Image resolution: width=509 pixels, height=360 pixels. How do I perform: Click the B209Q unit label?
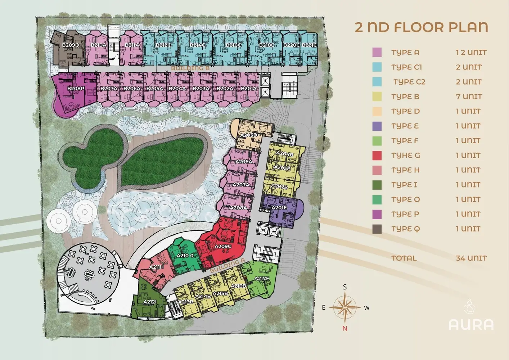point(71,45)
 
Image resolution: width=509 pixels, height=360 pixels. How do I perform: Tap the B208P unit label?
point(76,89)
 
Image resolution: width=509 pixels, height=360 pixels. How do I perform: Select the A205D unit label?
point(249,135)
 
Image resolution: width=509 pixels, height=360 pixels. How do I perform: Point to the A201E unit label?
point(279,207)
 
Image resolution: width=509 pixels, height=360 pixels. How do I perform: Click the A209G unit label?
point(223,246)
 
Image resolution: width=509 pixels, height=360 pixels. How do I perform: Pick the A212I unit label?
point(150,302)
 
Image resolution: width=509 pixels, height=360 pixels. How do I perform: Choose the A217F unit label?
point(262,279)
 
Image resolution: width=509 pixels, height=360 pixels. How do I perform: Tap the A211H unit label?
point(156,267)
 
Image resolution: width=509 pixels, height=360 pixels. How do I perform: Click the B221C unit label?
point(309,45)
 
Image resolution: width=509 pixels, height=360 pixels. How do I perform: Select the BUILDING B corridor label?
point(190,68)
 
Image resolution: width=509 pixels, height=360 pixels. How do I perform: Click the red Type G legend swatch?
point(377,156)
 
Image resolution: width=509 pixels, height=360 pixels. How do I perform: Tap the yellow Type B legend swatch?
point(377,96)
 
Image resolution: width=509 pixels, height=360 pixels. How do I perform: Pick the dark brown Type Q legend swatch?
point(377,229)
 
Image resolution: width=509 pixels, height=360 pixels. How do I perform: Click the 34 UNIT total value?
point(471,258)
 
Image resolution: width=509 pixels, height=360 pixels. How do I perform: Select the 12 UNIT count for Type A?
point(471,53)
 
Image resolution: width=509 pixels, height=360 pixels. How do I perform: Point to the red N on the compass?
point(345,328)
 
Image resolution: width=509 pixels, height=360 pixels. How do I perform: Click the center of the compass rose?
point(345,307)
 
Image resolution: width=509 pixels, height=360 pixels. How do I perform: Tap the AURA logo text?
point(471,324)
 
